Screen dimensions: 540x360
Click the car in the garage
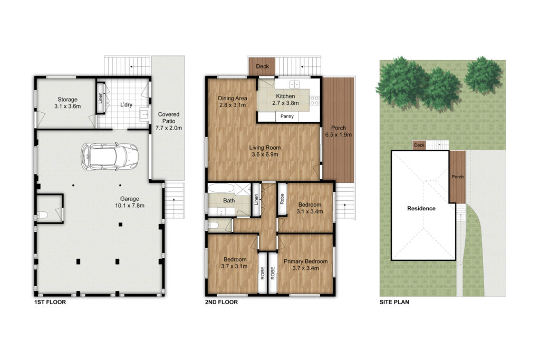click(110, 157)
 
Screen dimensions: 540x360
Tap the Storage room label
click(67, 103)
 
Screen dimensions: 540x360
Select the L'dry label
click(126, 105)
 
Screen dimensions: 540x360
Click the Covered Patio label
click(169, 121)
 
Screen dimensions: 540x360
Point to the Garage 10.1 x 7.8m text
click(130, 202)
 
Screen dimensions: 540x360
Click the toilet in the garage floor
click(42, 216)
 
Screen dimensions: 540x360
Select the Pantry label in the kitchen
click(287, 116)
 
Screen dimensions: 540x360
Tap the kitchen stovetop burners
click(314, 101)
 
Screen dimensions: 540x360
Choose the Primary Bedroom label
click(305, 265)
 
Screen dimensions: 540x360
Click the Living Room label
click(265, 151)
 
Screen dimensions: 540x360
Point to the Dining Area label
click(233, 102)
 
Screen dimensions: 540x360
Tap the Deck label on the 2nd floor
click(262, 66)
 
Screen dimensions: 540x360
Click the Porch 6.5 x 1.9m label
click(339, 131)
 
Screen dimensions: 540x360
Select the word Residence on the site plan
click(421, 208)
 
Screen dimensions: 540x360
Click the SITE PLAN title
click(394, 302)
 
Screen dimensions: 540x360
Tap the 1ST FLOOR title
click(50, 302)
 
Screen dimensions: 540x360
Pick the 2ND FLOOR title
click(221, 302)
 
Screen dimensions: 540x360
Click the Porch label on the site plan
click(457, 177)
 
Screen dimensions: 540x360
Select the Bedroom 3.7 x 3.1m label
click(235, 262)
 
